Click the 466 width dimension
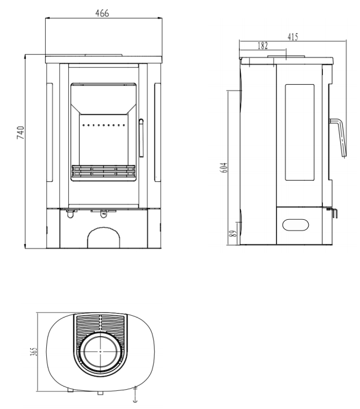[x=102, y=14]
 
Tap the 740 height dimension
[x=20, y=133]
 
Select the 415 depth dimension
[x=293, y=37]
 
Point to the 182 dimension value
[x=262, y=46]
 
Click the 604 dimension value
[x=224, y=167]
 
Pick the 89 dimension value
[x=233, y=233]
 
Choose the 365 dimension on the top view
[x=34, y=351]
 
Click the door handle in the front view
[x=141, y=138]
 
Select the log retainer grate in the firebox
[x=103, y=171]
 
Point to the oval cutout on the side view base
[x=296, y=225]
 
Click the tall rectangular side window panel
[x=300, y=132]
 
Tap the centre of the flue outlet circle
[x=100, y=351]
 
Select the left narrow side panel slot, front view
[x=50, y=132]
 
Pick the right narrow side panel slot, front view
[x=157, y=132]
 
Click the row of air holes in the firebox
[x=104, y=125]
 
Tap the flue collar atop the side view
[x=286, y=56]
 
